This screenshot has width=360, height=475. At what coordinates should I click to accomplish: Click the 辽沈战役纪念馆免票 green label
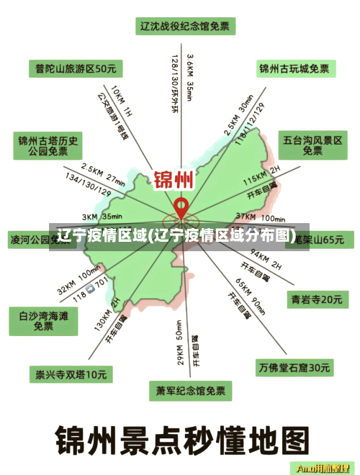pos(184,27)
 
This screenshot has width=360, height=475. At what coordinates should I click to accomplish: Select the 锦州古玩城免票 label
pos(294,69)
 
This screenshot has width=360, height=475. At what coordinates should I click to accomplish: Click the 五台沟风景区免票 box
pos(312,145)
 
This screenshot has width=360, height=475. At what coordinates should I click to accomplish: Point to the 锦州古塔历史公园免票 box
pos(48,146)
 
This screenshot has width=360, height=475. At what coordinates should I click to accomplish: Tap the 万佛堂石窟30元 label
pos(294,368)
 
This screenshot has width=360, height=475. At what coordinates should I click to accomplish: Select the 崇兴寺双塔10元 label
pos(71,374)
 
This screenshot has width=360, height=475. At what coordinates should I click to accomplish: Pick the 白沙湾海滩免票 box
pos(43,321)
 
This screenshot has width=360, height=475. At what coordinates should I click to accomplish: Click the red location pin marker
pos(182,208)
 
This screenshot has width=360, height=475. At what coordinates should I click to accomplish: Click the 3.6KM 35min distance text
pos(189,76)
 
